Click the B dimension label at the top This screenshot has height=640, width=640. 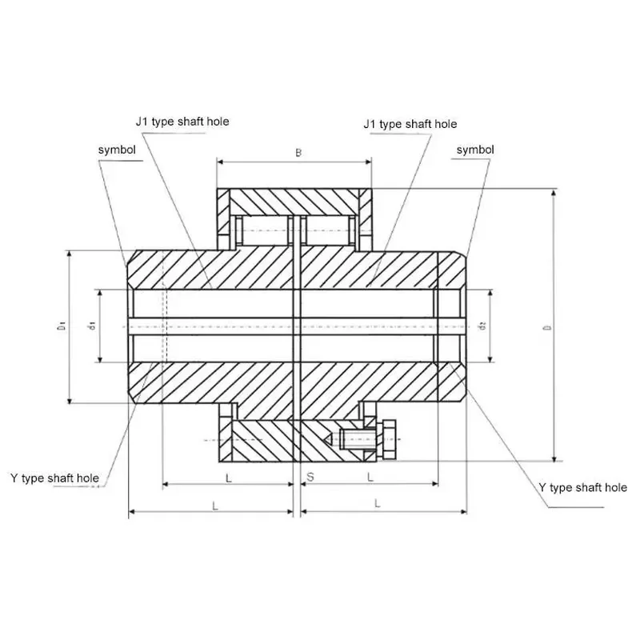click(x=298, y=153)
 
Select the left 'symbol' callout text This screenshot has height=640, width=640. click(x=117, y=150)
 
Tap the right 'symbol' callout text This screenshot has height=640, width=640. click(x=475, y=150)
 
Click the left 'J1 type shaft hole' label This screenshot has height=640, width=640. click(x=182, y=122)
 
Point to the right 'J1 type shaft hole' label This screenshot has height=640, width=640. click(x=410, y=124)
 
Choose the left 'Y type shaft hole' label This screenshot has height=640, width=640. click(x=54, y=478)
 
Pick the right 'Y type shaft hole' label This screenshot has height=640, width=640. click(x=583, y=487)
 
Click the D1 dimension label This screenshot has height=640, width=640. click(x=62, y=326)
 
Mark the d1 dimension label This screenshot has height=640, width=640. click(x=93, y=326)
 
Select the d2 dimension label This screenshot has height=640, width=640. click(x=483, y=326)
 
